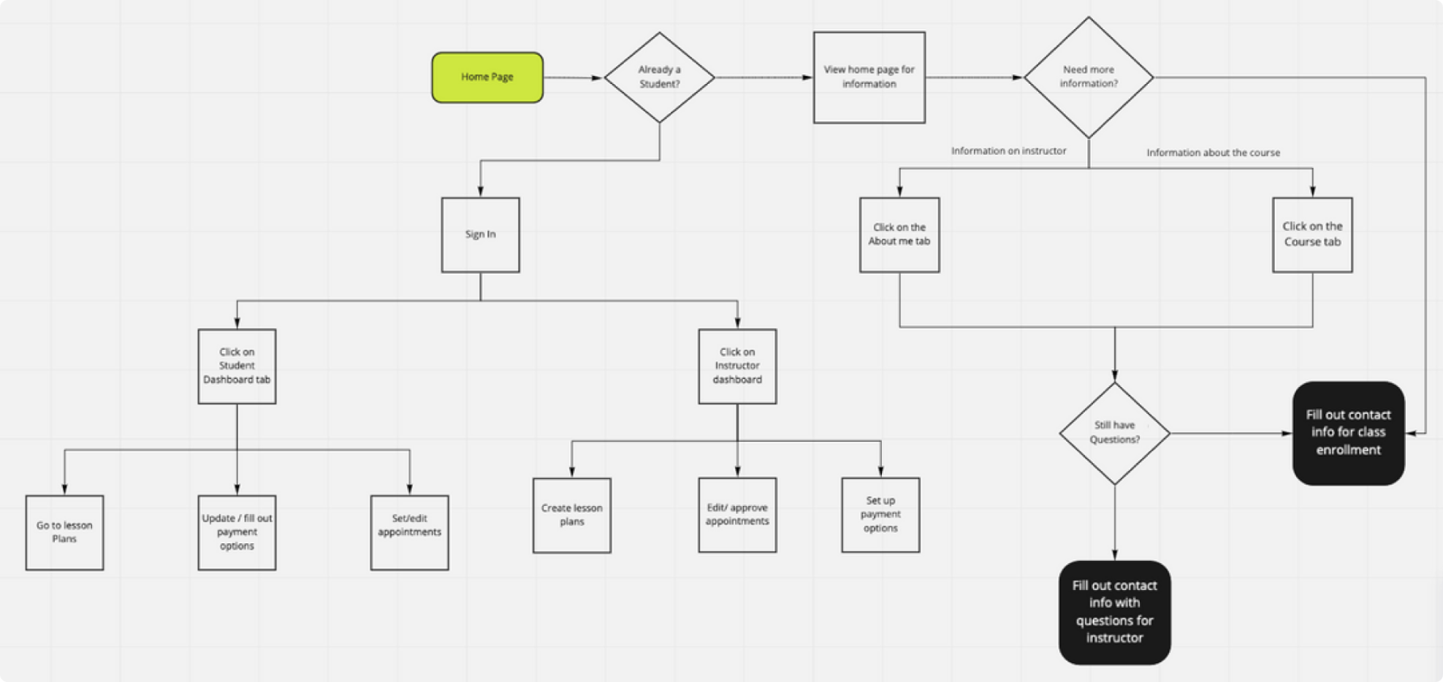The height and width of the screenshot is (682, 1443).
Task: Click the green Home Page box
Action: click(x=487, y=77)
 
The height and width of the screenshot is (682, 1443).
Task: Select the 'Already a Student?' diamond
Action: click(x=659, y=77)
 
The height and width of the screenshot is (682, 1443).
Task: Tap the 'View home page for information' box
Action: click(x=869, y=77)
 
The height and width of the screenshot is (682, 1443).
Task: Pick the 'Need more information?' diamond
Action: click(x=1089, y=77)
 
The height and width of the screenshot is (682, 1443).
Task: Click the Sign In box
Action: click(x=480, y=234)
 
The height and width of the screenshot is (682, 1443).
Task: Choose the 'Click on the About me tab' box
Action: click(x=899, y=234)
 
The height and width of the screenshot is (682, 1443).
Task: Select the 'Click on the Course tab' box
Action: click(x=1312, y=234)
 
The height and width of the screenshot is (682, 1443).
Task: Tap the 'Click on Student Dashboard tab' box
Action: click(x=237, y=366)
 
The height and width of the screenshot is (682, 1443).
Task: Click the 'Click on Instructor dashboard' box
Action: click(x=737, y=366)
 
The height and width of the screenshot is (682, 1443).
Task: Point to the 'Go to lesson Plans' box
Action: click(x=64, y=532)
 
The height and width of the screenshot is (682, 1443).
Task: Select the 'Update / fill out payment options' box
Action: click(x=237, y=532)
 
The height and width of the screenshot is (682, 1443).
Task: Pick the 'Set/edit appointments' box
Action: click(x=409, y=532)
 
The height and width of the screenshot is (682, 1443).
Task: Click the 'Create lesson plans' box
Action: click(x=572, y=515)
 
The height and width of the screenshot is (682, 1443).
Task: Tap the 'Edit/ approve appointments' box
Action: click(x=737, y=515)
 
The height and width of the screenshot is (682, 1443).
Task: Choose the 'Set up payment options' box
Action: click(x=880, y=515)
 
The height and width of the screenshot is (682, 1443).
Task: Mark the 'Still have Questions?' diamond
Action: click(x=1114, y=433)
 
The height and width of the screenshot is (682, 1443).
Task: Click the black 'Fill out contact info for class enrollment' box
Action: click(x=1348, y=433)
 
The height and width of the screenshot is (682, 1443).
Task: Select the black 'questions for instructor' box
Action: click(x=1114, y=612)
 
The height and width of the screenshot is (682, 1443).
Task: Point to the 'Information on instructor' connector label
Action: click(x=1008, y=151)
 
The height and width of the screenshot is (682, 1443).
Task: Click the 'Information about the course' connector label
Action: click(x=1213, y=153)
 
